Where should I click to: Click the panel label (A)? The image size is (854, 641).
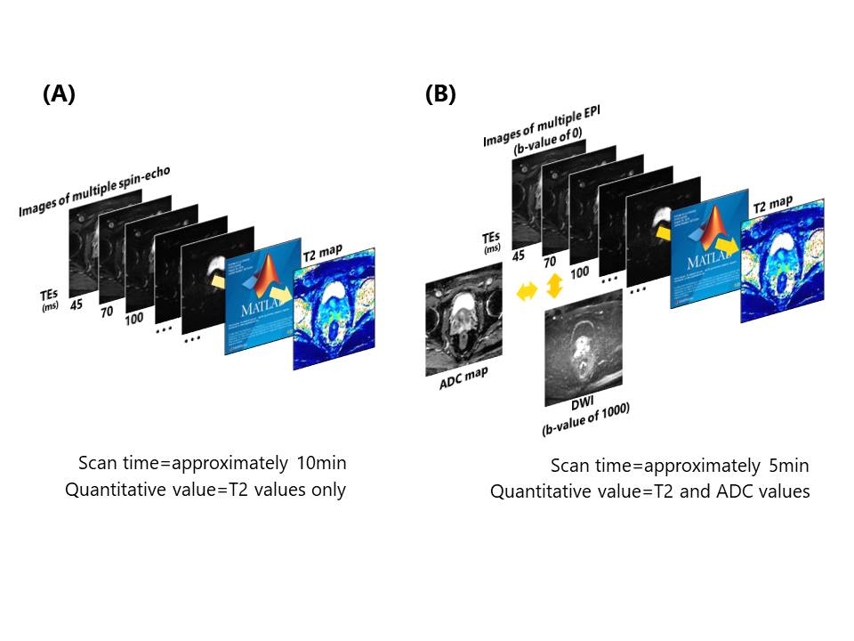(x=59, y=94)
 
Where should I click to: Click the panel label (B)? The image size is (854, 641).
(x=440, y=94)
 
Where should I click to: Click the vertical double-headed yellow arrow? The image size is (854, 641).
(x=555, y=286)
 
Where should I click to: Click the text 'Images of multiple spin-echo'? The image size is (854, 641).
(x=93, y=191)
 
